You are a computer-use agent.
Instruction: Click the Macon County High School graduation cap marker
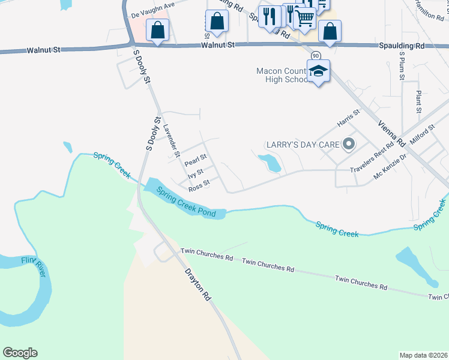click(x=319, y=71)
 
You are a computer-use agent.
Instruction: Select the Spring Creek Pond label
click(x=185, y=202)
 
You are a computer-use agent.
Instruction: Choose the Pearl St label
click(x=196, y=160)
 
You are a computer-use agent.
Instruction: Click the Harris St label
click(x=348, y=117)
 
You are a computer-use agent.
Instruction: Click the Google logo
click(x=20, y=353)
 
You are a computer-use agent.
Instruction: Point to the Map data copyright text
click(x=423, y=355)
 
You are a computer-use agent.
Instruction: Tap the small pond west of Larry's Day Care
click(x=270, y=163)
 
